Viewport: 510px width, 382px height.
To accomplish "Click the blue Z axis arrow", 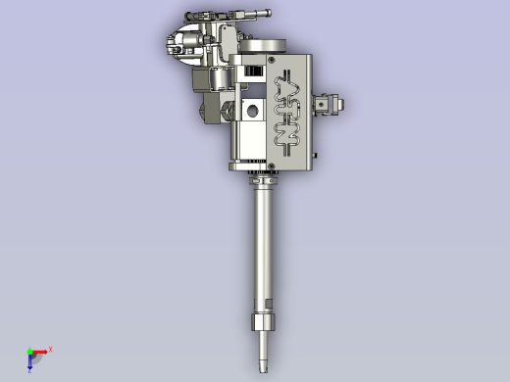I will point(30,363).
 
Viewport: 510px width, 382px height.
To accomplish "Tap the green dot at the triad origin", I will point(29,351).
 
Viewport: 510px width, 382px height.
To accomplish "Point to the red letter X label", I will point(50,349).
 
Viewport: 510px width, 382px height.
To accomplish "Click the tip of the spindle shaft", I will point(263,369).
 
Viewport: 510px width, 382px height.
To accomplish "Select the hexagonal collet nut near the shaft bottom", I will point(262,324).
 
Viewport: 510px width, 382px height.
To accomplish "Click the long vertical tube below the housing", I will point(262,245).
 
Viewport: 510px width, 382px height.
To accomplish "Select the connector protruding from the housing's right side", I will point(328,102).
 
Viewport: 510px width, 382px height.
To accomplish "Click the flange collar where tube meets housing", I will point(263,180).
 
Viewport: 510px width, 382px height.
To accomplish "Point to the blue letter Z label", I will point(29,370).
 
